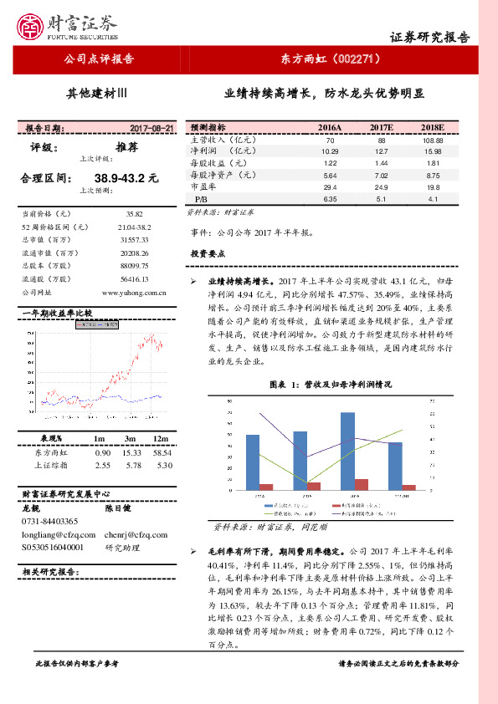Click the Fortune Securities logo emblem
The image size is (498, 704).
coord(34,25)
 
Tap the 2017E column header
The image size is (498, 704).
coord(381,128)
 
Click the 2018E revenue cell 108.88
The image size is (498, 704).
coord(433,140)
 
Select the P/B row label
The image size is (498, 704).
coord(201,200)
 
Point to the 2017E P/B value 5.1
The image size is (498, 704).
coord(381,200)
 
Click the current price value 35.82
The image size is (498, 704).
coord(135,214)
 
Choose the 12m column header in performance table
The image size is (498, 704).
coord(161,439)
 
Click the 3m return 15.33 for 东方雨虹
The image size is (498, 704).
coord(130,451)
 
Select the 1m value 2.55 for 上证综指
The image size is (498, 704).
coord(103,465)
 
